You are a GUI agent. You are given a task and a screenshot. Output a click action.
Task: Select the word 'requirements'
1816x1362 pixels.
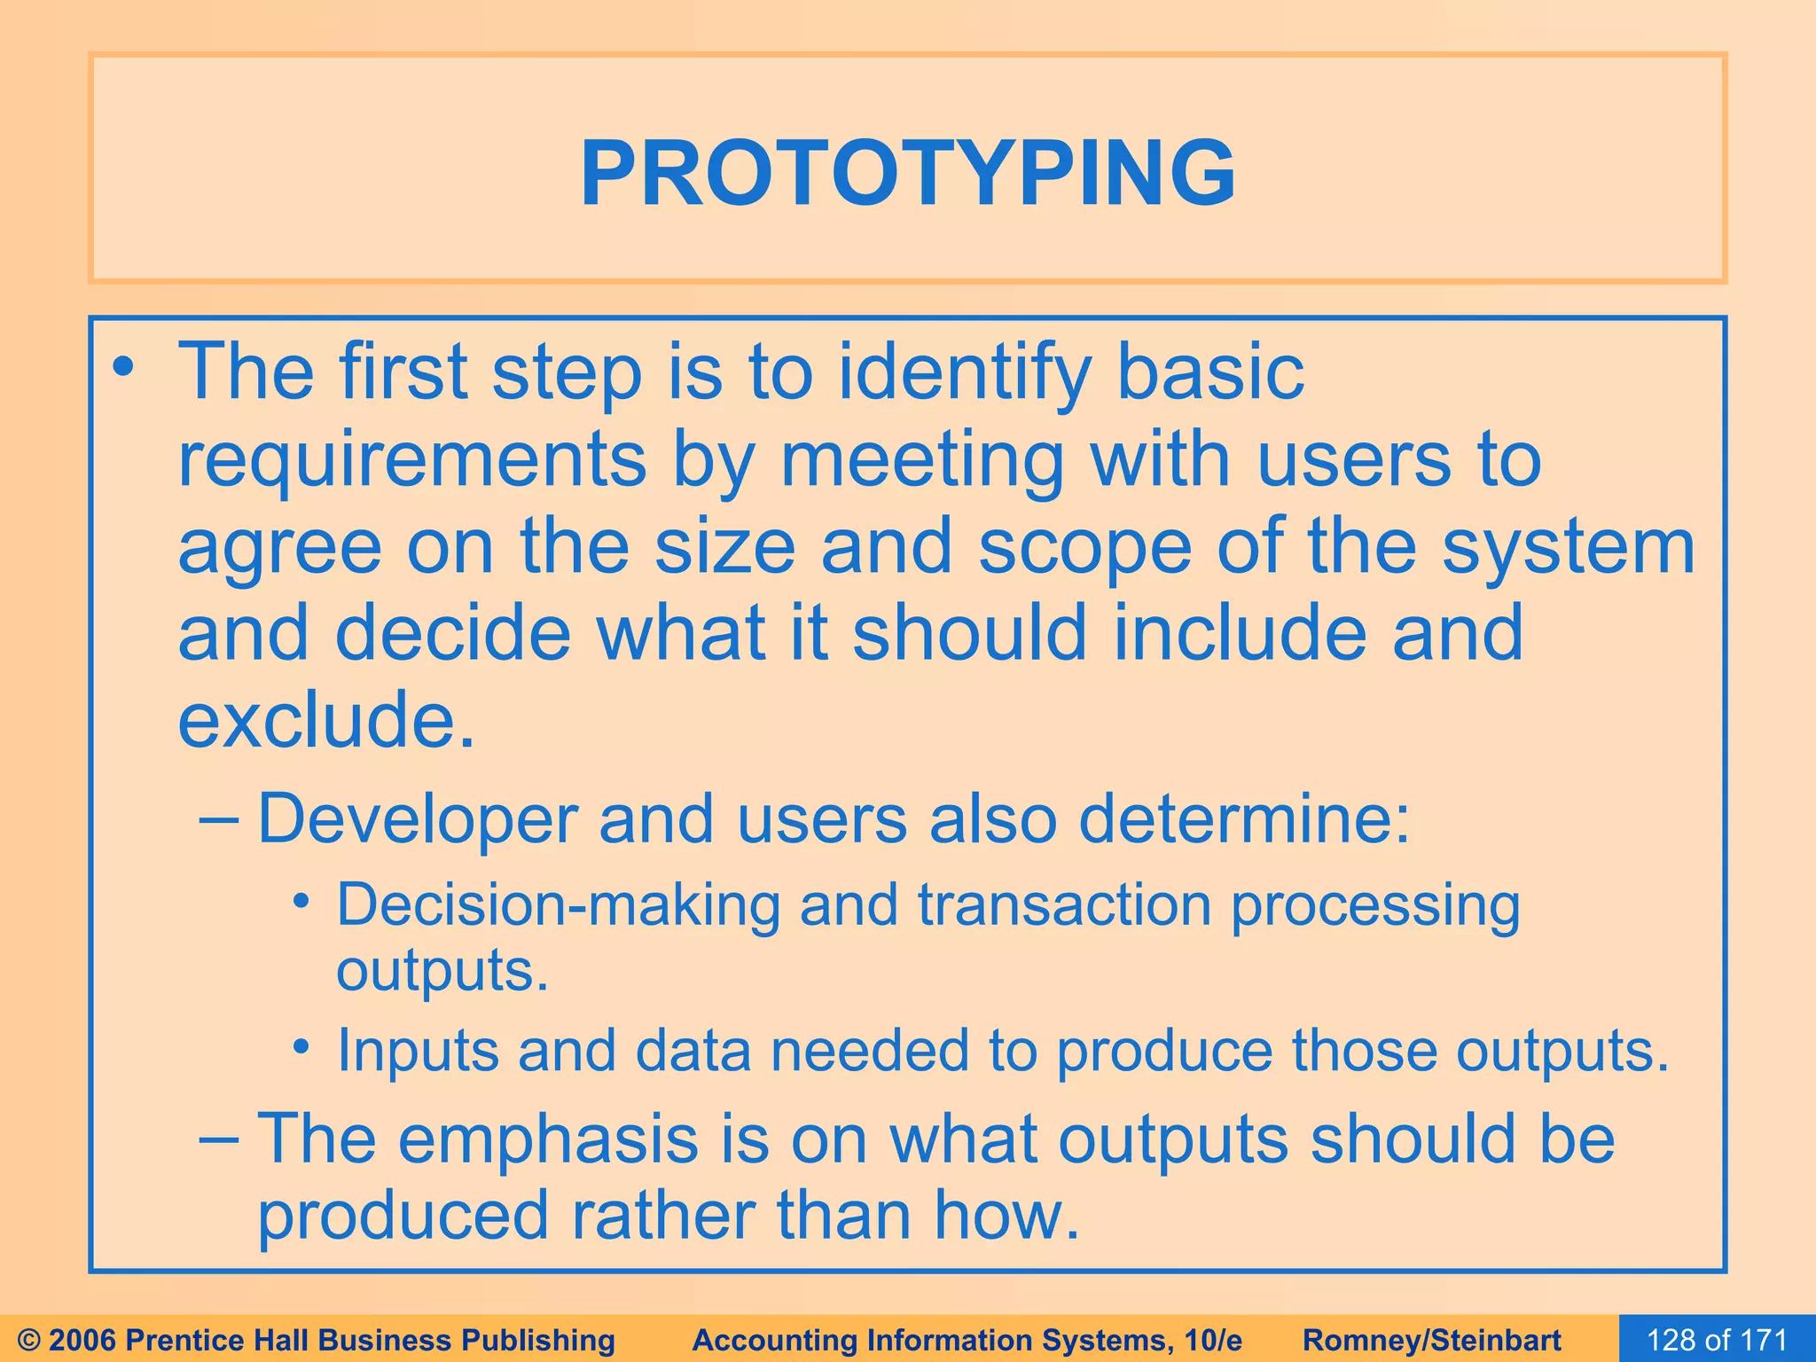coord(412,460)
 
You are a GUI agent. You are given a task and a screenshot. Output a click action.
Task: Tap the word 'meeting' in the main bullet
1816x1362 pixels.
coord(921,460)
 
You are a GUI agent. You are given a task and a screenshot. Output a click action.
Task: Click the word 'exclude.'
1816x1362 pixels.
coord(326,719)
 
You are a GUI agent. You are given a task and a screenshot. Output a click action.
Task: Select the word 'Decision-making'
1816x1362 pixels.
coord(558,907)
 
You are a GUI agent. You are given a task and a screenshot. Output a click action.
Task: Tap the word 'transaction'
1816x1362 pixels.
coord(1064,905)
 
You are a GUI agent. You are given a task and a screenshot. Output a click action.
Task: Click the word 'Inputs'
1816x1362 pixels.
coord(418,1051)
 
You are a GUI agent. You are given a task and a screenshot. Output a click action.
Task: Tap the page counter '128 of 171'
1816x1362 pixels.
coord(1717,1339)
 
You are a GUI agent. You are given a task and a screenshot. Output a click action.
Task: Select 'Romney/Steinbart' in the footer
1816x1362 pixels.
coord(1432,1340)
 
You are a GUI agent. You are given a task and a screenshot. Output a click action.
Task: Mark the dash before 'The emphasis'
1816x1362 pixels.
coord(218,1138)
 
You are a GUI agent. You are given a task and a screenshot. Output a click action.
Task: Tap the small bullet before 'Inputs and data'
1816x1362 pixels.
coord(301,1047)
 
